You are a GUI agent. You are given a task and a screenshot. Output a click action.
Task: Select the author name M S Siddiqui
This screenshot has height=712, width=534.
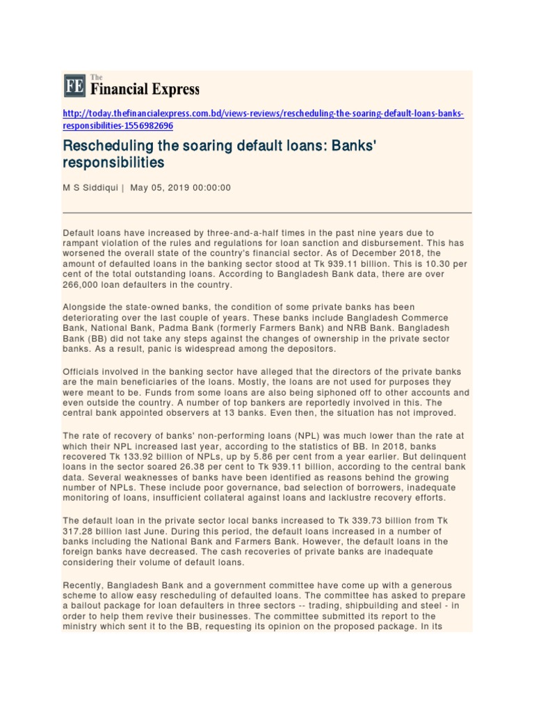click(90, 188)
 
